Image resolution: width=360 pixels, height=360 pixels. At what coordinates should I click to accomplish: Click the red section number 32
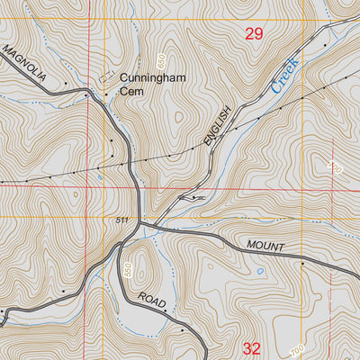point(252,347)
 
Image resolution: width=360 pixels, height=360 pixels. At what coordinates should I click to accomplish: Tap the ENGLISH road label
point(218,125)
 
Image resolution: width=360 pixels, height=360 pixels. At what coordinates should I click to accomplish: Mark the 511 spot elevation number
point(123,220)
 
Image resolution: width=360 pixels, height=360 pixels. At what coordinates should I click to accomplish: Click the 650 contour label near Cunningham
point(160,60)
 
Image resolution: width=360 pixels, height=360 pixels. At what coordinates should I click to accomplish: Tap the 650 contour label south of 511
point(130,269)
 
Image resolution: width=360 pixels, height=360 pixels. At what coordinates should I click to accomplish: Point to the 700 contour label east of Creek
point(336,167)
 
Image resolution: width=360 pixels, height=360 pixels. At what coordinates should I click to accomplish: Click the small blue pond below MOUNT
point(259,270)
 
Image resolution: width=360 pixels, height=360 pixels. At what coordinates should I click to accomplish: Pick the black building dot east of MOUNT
point(303,265)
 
